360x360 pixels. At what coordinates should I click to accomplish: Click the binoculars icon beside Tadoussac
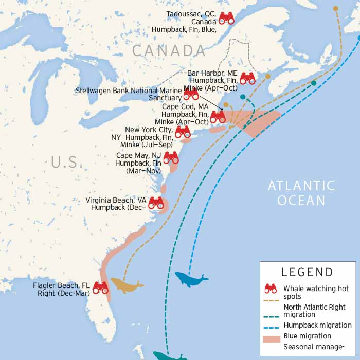(x=226, y=19)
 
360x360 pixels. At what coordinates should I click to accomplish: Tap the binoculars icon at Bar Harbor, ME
(x=247, y=78)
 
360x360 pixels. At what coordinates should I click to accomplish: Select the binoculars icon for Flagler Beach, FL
(x=100, y=288)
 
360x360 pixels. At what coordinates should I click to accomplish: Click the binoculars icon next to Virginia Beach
(x=156, y=203)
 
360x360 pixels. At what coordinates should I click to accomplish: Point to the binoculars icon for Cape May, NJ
(x=171, y=157)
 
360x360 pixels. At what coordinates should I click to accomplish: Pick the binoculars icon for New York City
(x=183, y=132)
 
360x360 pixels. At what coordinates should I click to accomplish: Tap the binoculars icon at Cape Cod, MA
(x=218, y=117)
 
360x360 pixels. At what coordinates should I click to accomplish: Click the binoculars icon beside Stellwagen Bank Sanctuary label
(x=191, y=95)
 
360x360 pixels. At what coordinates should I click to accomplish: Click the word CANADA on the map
(x=169, y=50)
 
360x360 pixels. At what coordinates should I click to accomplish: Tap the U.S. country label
(x=67, y=163)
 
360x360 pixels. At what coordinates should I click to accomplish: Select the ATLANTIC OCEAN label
(x=301, y=193)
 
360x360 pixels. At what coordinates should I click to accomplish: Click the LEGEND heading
(x=307, y=272)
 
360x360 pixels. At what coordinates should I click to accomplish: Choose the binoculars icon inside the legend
(x=271, y=289)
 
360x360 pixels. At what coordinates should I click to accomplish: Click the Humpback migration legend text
(x=317, y=325)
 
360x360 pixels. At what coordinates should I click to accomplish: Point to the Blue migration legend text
(x=307, y=336)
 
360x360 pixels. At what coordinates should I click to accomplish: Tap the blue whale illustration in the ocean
(x=190, y=279)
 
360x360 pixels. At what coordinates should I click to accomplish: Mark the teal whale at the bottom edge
(x=170, y=355)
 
